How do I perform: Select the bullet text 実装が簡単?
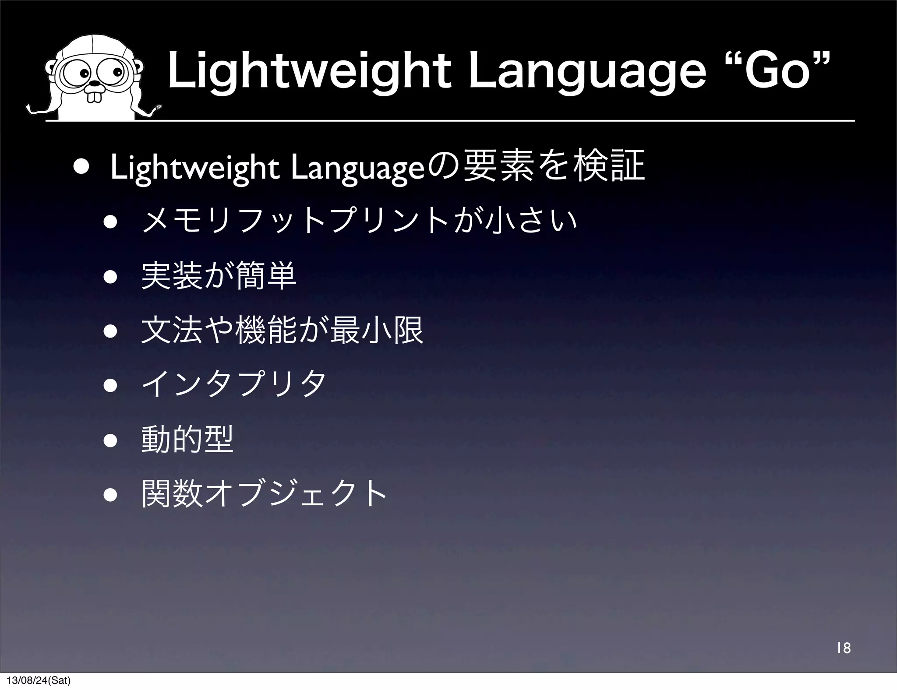click(x=219, y=276)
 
